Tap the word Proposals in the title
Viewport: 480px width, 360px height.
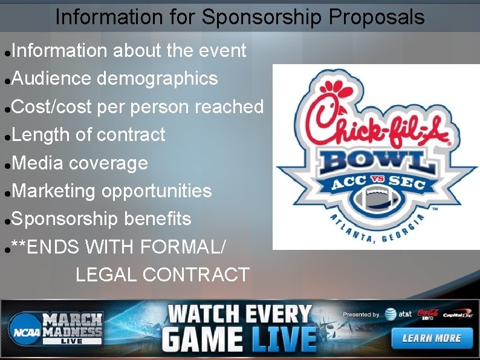click(x=377, y=18)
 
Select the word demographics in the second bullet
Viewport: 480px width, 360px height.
click(x=157, y=79)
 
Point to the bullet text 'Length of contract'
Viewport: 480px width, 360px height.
click(x=88, y=134)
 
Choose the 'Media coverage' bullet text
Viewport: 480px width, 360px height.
click(x=80, y=163)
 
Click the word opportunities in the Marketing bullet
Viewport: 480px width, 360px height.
click(x=157, y=191)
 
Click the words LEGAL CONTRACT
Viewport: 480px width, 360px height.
click(x=163, y=275)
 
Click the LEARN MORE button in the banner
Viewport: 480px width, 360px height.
click(x=431, y=338)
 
